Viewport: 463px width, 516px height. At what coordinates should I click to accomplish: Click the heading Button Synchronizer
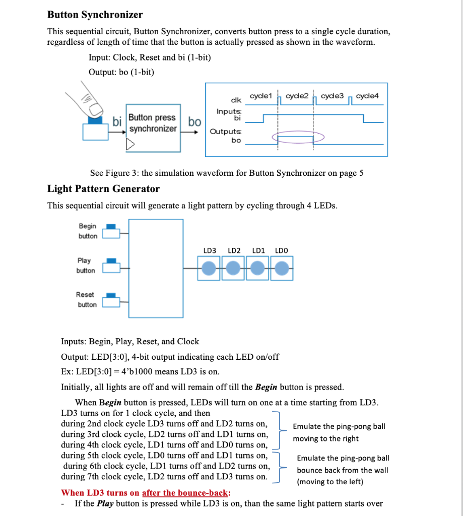95,15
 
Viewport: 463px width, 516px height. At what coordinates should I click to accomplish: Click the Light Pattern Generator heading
103,189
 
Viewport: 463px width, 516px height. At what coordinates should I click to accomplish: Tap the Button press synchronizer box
153,123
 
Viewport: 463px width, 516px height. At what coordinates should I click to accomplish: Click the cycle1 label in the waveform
261,96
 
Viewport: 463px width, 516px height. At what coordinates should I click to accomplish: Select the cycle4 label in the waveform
367,96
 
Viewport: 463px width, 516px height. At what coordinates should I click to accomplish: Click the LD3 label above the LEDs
210,250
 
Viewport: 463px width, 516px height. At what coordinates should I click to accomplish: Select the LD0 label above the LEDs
282,250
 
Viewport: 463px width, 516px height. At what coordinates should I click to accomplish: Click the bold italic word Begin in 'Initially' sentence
266,387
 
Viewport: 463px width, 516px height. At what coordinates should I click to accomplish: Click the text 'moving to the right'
326,438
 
